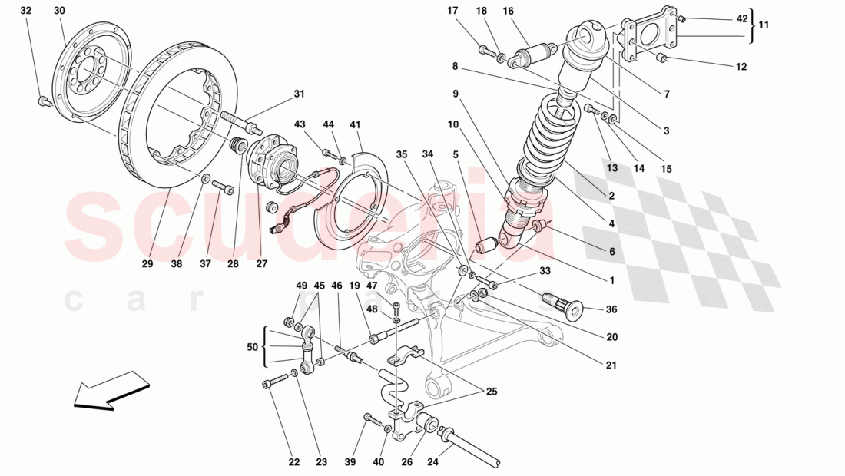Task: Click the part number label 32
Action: point(26,11)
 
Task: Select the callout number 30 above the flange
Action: point(60,11)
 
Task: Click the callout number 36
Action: point(611,310)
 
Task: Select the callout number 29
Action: point(147,264)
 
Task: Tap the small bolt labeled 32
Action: point(45,101)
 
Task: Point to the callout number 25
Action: point(492,392)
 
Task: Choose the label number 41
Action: point(355,124)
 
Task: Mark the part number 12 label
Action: point(741,67)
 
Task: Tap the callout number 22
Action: point(294,462)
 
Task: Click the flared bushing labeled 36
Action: point(565,304)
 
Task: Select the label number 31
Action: point(299,94)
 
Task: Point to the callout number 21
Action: point(611,365)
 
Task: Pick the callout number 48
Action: point(373,310)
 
